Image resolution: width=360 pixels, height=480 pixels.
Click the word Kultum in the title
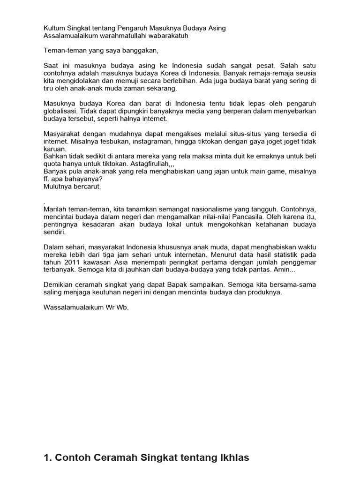[54, 28]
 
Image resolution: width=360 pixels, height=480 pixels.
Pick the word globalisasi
[61, 111]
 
